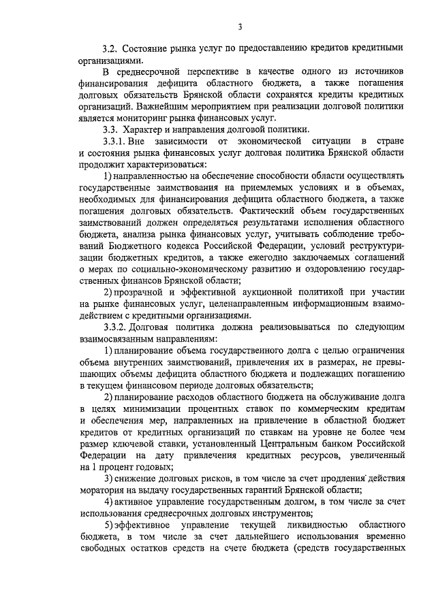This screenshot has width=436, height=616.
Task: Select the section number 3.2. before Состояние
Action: (110, 48)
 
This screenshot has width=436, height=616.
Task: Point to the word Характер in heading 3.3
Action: (146, 129)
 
